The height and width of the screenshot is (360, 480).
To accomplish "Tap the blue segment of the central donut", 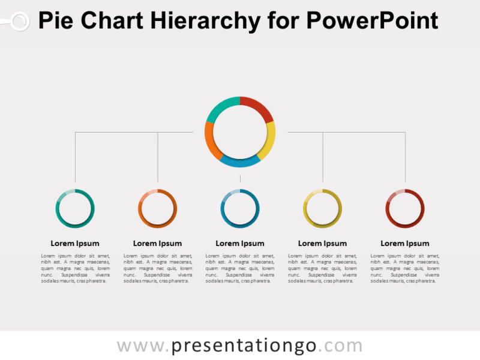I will (x=240, y=161).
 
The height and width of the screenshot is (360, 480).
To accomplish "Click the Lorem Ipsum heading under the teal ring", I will (x=75, y=244).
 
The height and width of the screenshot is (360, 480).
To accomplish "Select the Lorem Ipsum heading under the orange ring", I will (x=157, y=244).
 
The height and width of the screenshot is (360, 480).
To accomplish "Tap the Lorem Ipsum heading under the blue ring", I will (x=240, y=244).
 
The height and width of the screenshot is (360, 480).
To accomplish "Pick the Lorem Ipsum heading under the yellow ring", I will (x=322, y=244).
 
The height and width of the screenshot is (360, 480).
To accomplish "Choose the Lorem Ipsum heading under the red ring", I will (x=405, y=244).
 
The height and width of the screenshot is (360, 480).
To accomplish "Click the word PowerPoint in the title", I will (x=373, y=22).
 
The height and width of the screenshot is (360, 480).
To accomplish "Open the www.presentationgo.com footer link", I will (x=240, y=346).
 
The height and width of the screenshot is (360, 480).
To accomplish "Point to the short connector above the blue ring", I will (x=240, y=179).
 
